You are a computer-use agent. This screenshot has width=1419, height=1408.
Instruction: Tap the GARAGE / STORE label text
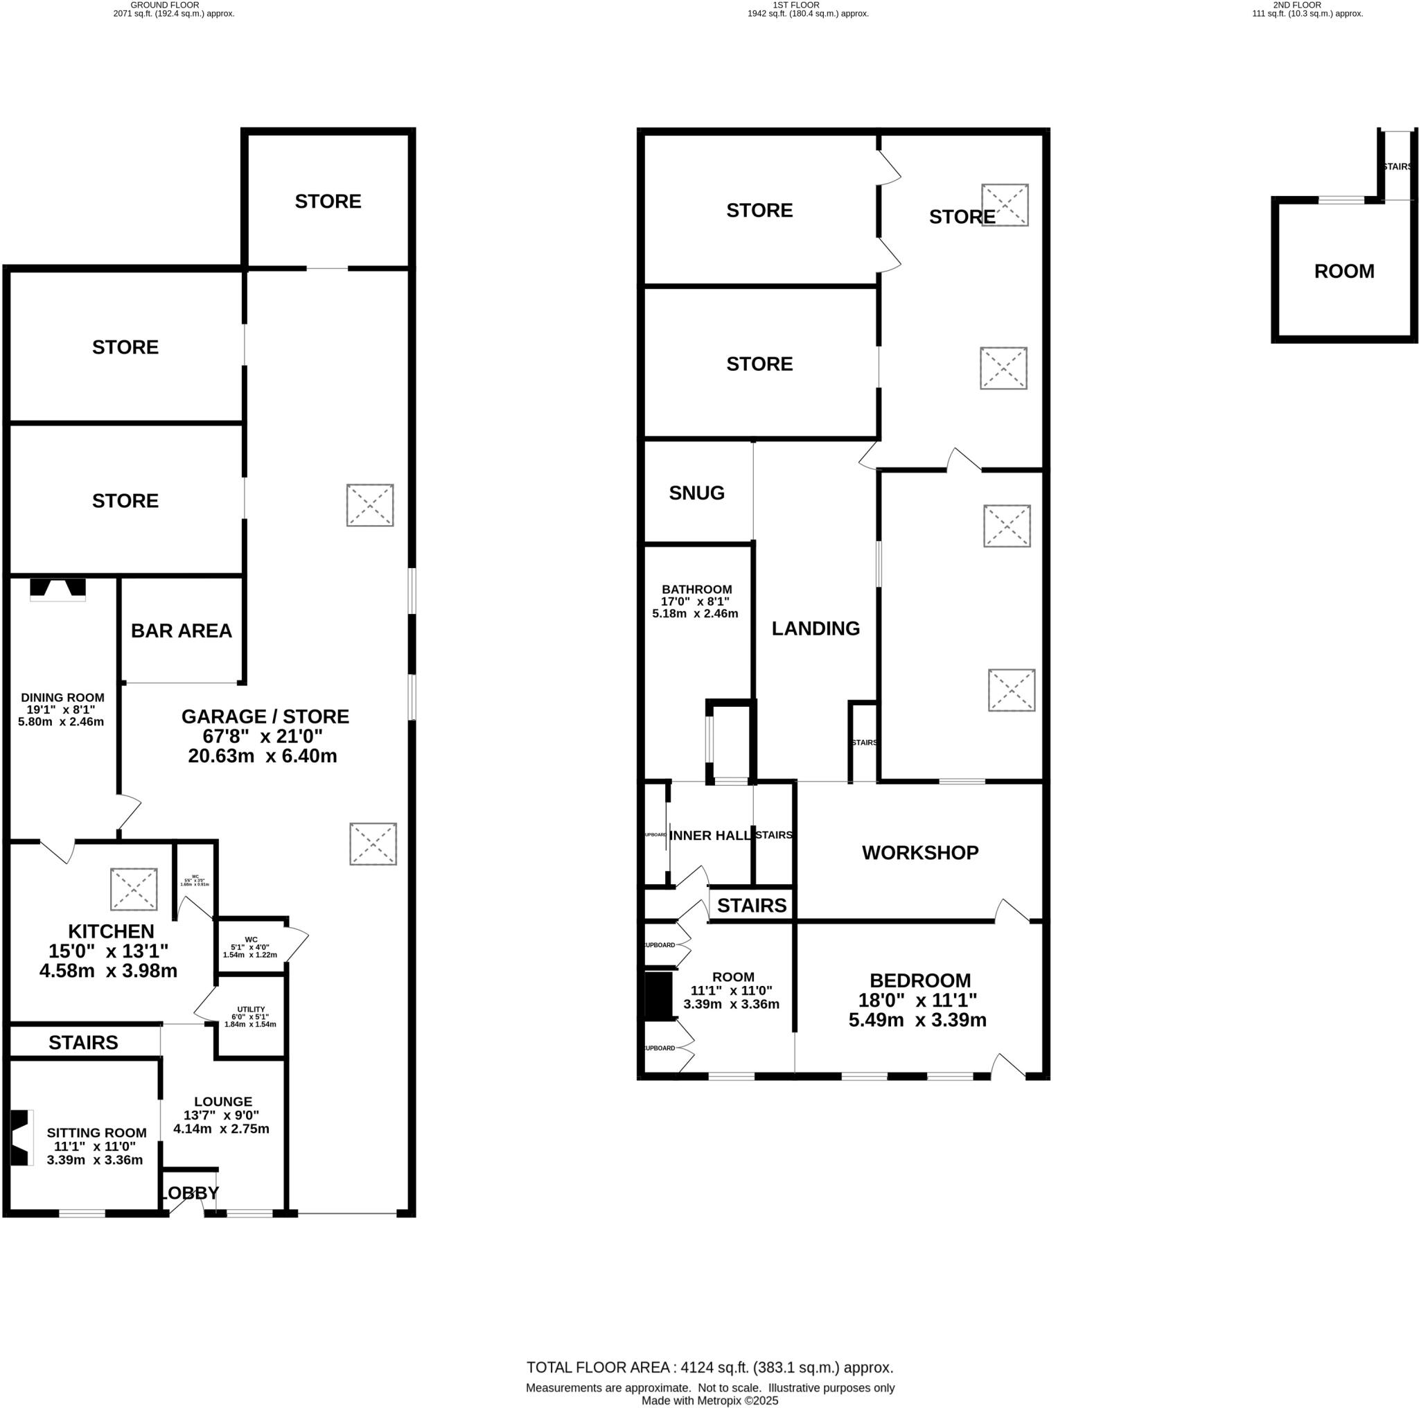coord(265,716)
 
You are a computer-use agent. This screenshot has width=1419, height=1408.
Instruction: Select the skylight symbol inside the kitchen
coord(134,889)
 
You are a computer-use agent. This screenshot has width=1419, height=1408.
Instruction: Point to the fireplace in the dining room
coord(58,588)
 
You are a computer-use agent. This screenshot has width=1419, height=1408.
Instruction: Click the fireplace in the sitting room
coord(21,1138)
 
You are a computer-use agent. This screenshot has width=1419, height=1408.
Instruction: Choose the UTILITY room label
coord(250,1010)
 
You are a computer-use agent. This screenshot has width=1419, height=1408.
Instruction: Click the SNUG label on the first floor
coord(696,493)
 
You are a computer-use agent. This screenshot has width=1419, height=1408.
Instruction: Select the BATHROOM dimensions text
coord(696,608)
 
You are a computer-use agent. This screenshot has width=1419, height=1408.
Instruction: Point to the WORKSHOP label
coord(919,853)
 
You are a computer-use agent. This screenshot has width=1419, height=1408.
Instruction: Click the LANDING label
coord(816,628)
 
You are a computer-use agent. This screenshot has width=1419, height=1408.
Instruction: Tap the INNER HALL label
coord(709,836)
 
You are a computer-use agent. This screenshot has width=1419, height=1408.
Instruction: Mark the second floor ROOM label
coord(1343,272)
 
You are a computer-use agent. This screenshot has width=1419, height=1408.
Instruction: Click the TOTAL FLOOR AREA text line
coord(709,1368)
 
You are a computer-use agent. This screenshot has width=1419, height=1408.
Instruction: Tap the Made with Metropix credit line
coord(709,1400)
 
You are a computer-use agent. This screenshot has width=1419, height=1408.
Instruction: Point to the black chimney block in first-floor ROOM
coord(659,996)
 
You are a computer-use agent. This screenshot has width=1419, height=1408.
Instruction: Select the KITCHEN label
coord(111,931)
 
